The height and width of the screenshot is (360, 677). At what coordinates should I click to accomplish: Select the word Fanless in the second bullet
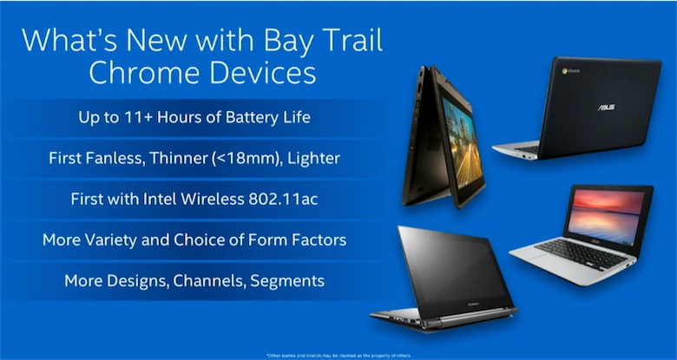tap(113, 158)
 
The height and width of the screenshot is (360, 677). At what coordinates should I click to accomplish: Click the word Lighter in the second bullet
tap(310, 158)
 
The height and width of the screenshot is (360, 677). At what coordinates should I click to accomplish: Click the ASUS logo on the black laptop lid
tap(605, 107)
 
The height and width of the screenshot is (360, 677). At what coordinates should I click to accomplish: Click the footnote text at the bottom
tap(338, 355)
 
